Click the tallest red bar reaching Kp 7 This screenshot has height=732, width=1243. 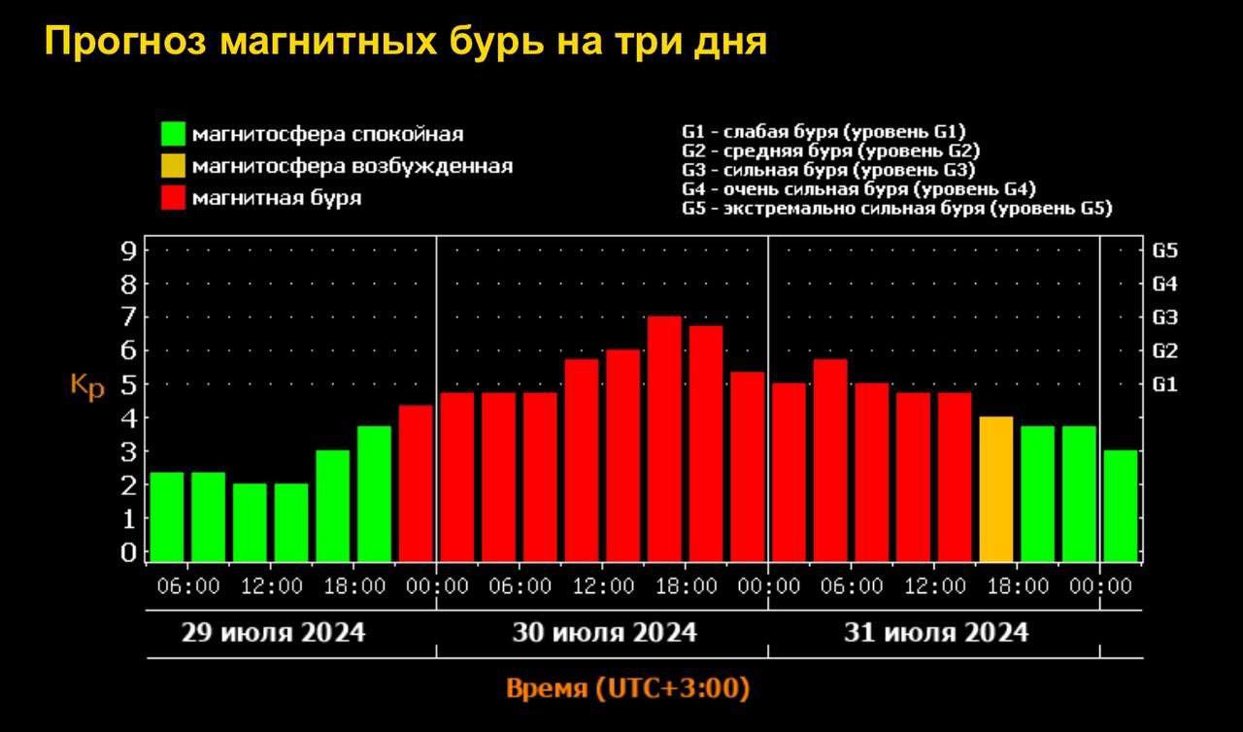click(x=664, y=439)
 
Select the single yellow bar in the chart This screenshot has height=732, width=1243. click(x=996, y=489)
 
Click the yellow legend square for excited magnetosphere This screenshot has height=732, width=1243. click(x=174, y=166)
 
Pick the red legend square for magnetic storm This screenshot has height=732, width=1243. click(x=174, y=198)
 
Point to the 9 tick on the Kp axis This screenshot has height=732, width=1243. click(x=128, y=251)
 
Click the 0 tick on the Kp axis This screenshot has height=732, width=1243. click(x=128, y=552)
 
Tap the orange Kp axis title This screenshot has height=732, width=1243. click(x=87, y=385)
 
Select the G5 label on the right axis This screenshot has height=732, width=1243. click(x=1165, y=251)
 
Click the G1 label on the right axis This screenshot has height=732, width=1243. click(x=1165, y=384)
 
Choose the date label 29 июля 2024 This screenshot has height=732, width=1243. click(x=274, y=633)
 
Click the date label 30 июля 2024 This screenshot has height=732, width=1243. click(x=605, y=633)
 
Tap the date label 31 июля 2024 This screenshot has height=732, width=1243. click(x=936, y=633)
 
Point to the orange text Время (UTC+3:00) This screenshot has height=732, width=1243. click(x=628, y=689)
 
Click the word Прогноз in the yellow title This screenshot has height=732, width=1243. click(x=124, y=43)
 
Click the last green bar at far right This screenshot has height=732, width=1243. click(x=1121, y=506)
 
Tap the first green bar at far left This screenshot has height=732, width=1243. click(x=167, y=516)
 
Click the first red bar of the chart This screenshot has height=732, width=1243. click(x=416, y=483)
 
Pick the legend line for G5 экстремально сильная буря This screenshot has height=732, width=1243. click(x=897, y=209)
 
